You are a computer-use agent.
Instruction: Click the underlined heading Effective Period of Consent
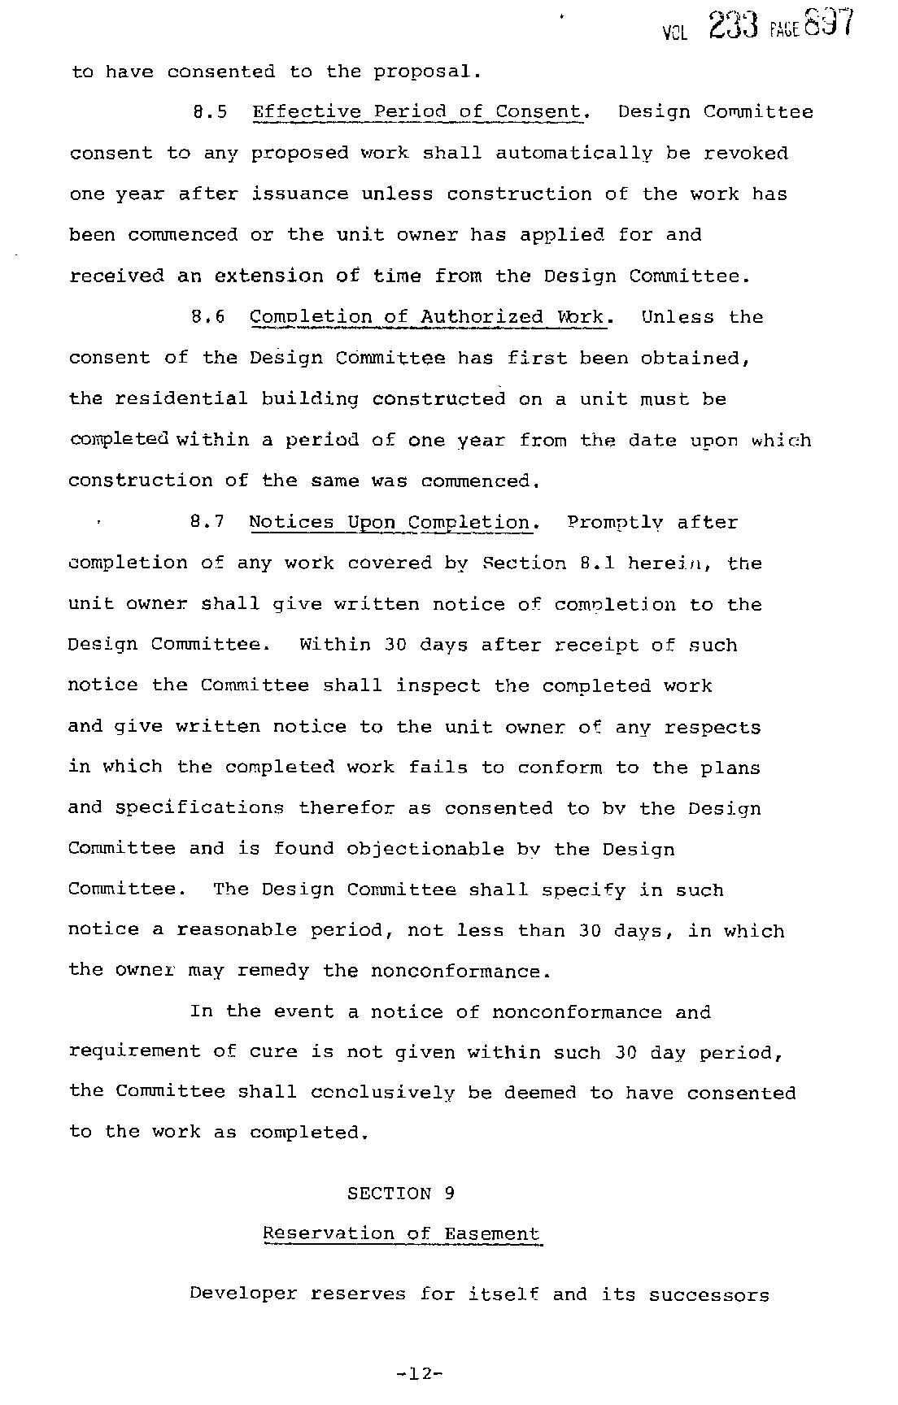(419, 112)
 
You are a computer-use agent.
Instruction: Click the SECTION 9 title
(401, 1194)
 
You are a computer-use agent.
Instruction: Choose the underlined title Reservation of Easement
(401, 1234)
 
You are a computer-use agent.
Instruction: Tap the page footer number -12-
(419, 1373)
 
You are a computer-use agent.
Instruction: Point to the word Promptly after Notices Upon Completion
(615, 523)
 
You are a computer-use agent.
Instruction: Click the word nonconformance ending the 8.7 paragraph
(459, 972)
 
